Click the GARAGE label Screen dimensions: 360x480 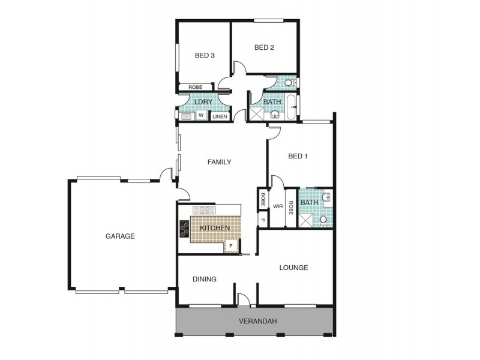point(120,236)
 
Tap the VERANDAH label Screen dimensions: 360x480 point(257,322)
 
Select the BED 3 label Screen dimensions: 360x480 point(205,56)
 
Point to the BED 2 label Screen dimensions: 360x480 point(264,48)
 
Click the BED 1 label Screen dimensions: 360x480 point(298,157)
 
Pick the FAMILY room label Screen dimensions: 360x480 point(219,162)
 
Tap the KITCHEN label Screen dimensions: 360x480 point(214,229)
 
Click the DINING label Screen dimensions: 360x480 point(204,279)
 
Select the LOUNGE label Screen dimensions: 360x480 point(293,268)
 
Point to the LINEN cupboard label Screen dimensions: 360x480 point(220,116)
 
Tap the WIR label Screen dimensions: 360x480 point(278,206)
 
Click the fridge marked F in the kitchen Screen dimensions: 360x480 point(230,245)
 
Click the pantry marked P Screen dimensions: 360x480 point(262,220)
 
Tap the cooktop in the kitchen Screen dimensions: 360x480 point(184,229)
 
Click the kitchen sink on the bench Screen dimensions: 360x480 point(204,211)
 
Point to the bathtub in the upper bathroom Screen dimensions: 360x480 point(291,107)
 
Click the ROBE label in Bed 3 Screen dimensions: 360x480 point(195,87)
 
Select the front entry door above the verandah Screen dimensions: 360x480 point(242,299)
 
